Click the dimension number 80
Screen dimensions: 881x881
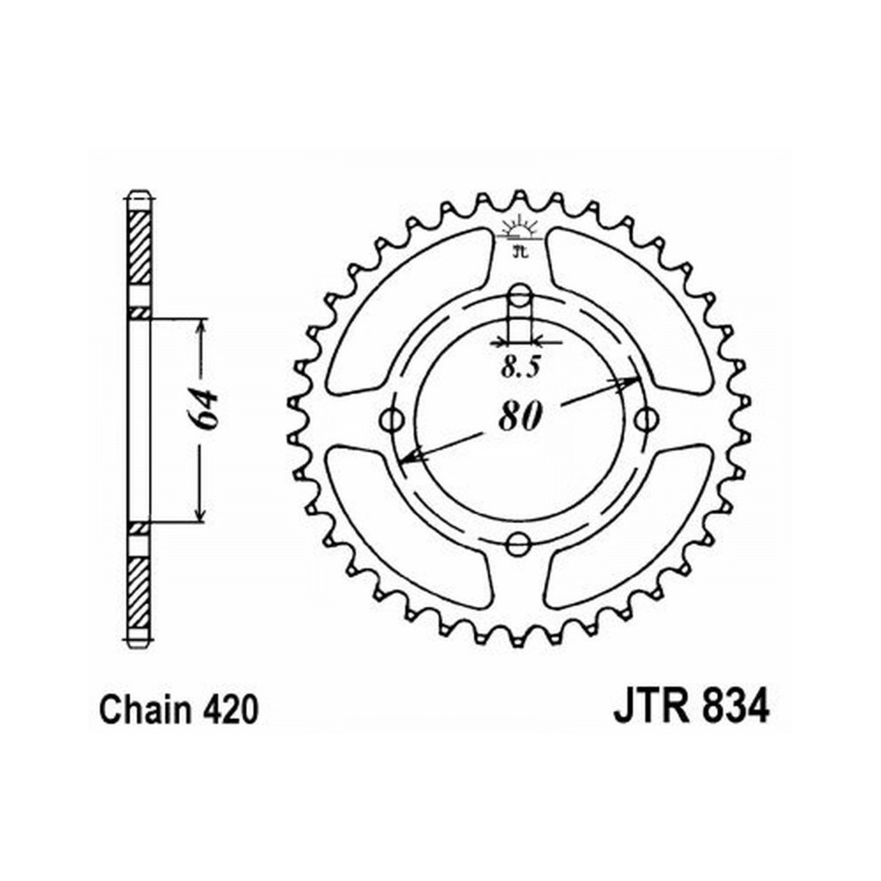pos(521,417)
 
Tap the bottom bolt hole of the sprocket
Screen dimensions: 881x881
pos(518,544)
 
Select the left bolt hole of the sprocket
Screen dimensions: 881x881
pos(393,419)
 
